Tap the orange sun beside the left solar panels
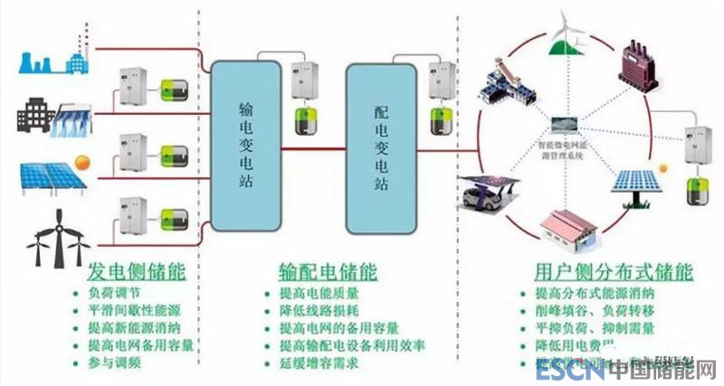click(x=83, y=163)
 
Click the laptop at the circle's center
click(x=568, y=128)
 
